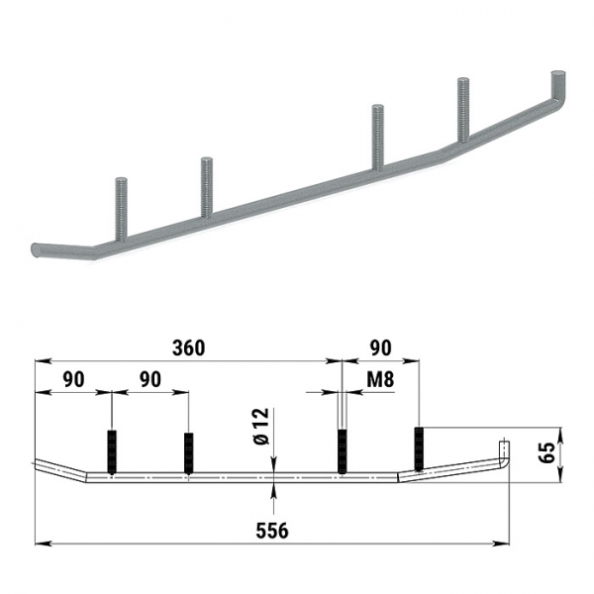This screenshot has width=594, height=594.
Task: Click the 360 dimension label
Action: [x=188, y=348]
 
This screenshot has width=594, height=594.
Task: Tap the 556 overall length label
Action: [x=272, y=531]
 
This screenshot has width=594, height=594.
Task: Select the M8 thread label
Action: [x=380, y=379]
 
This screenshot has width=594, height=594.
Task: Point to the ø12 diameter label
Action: [x=261, y=426]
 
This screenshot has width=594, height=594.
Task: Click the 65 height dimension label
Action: [x=546, y=452]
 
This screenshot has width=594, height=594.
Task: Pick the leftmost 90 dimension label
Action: [x=73, y=379]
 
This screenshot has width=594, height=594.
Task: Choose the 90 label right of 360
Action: [x=380, y=348]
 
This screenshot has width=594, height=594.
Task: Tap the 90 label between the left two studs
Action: [x=150, y=379]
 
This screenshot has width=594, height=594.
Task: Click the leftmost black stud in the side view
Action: [x=112, y=452]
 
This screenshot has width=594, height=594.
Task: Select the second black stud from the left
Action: [x=188, y=453]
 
